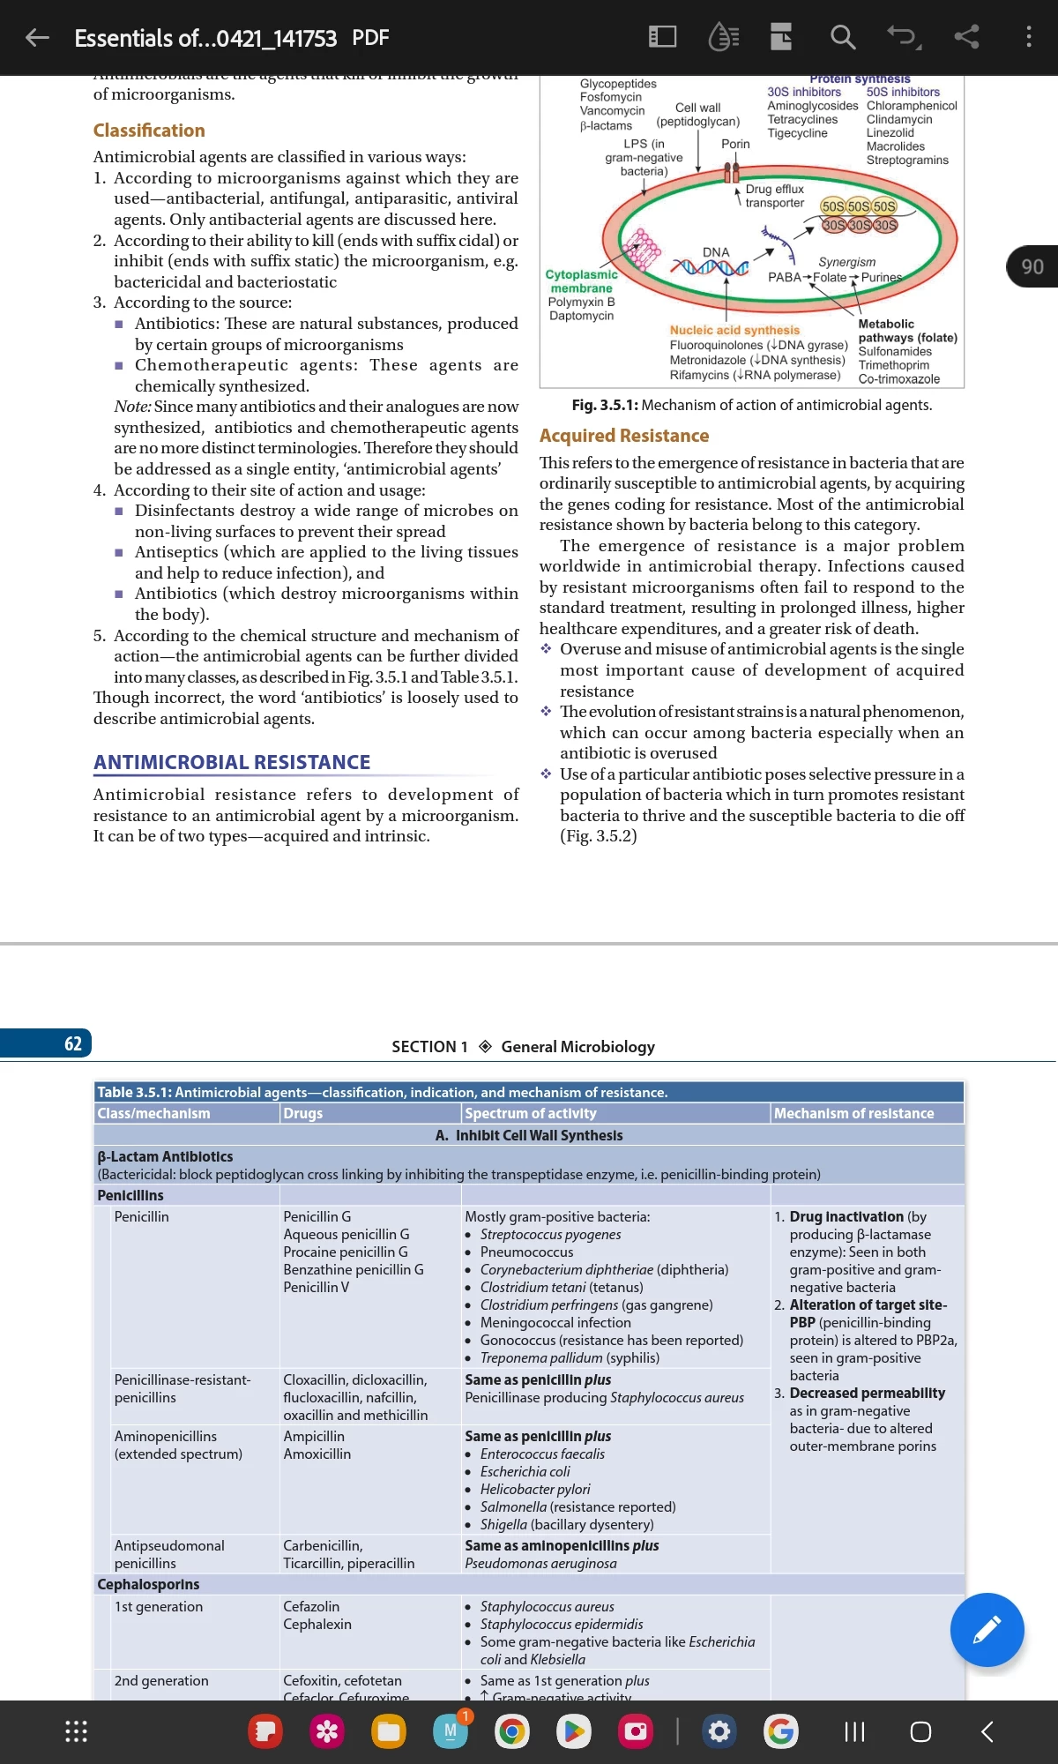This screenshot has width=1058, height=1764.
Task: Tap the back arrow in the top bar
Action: (x=37, y=37)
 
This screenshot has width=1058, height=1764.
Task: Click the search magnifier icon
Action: (x=843, y=37)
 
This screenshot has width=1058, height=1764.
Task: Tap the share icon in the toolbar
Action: (x=966, y=37)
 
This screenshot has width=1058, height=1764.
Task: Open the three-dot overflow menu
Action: (x=1028, y=37)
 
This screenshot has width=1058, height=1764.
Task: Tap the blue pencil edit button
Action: (x=987, y=1630)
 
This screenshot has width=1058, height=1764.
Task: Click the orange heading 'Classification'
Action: (x=149, y=131)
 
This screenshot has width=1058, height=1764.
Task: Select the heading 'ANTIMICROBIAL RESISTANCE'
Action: (x=232, y=762)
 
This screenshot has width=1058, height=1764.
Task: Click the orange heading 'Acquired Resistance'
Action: (x=624, y=436)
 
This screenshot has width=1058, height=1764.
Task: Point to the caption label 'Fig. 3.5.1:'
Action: (x=604, y=405)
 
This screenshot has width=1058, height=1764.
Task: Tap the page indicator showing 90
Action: (x=1032, y=266)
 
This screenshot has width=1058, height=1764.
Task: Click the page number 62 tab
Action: (x=73, y=1044)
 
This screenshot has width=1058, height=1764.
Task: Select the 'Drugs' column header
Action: (x=303, y=1113)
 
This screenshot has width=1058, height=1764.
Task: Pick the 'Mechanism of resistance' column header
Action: (x=853, y=1113)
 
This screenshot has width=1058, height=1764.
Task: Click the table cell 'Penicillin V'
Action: (x=316, y=1287)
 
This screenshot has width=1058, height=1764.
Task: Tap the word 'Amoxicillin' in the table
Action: (x=317, y=1454)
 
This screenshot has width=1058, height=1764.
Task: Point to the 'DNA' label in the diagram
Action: (x=716, y=252)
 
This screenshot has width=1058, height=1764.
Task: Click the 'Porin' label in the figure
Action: (x=735, y=144)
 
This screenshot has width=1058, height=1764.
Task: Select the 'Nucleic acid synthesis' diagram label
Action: (x=734, y=330)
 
